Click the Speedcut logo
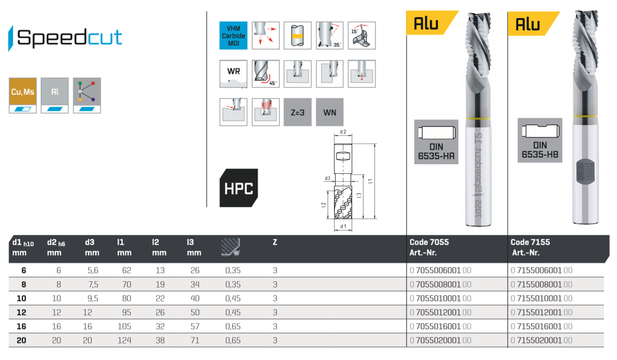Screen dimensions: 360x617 pos(66,38)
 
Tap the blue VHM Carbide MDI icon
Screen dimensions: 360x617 pos(233,35)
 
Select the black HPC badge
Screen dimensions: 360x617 pos(239,188)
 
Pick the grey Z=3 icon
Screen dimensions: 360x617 pos(297,112)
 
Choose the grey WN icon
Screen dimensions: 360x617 pos(330,112)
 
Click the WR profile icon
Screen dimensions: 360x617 pos(233,73)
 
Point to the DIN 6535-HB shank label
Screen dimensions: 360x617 pos(540,140)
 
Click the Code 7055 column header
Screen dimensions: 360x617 pos(429,242)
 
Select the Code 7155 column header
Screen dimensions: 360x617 pos(530,242)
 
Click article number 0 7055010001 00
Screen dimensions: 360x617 pos(440,298)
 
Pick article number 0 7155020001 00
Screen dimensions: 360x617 pos(541,341)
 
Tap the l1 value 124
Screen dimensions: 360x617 pos(124,341)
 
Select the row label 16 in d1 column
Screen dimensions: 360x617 pos(21,326)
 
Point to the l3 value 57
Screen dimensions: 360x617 pos(195,326)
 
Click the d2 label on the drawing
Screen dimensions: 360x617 pos(343,132)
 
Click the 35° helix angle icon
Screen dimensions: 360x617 pos(330,35)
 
